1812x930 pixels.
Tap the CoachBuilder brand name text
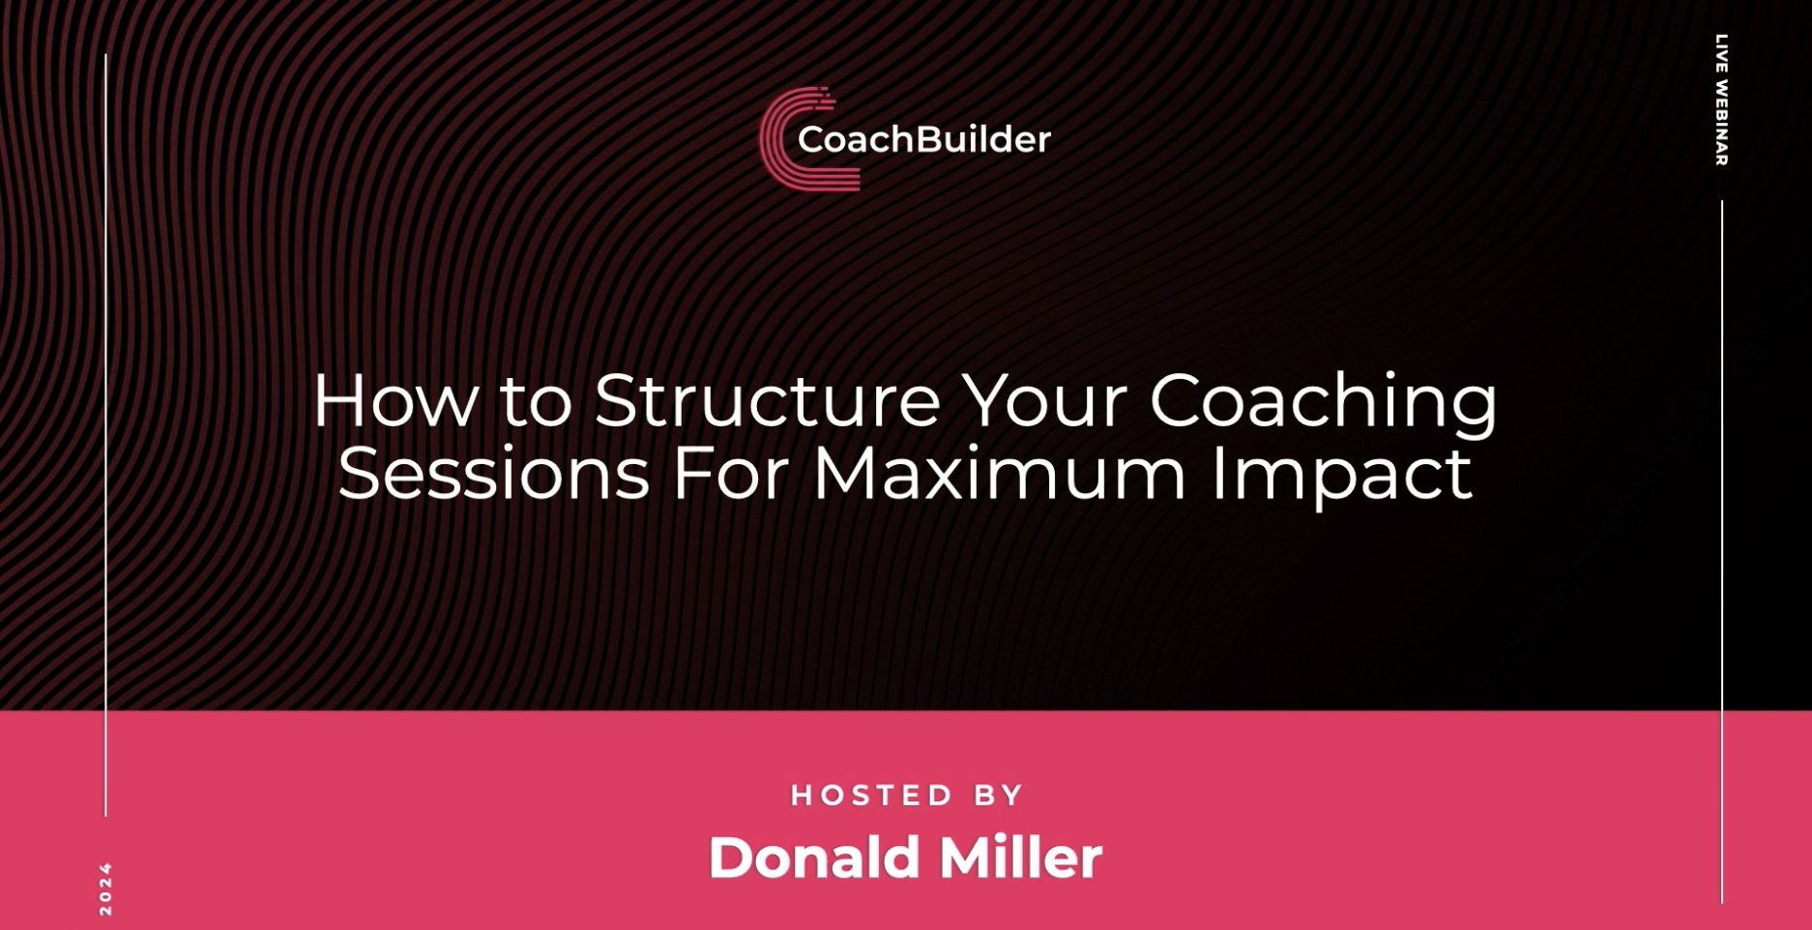[x=923, y=139]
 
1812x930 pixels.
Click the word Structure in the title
[x=767, y=400]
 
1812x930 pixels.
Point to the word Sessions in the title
[x=493, y=474]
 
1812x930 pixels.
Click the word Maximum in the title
[x=999, y=474]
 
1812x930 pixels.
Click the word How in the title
[x=395, y=400]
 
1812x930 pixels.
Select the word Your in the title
[x=1045, y=400]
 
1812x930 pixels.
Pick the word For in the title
[x=730, y=474]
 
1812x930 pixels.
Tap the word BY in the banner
[x=999, y=796]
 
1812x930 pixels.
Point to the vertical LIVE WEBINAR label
[x=1722, y=101]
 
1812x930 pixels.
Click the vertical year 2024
[x=106, y=889]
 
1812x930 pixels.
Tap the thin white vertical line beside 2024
[x=105, y=435]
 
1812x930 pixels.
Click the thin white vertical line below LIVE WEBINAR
[x=1722, y=552]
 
